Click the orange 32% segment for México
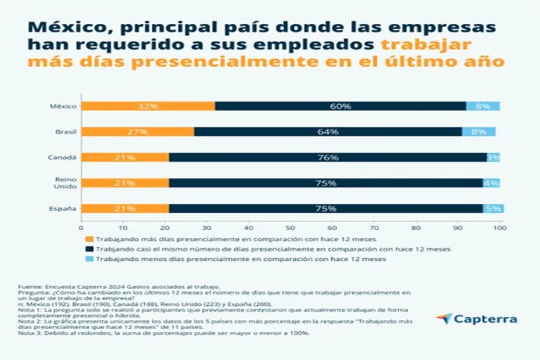(148, 106)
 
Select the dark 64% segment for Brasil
(328, 131)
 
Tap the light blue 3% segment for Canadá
(494, 157)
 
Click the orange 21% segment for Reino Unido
(125, 183)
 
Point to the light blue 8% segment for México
(483, 106)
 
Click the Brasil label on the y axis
(66, 131)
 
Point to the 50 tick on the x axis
(290, 228)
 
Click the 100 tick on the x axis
(499, 228)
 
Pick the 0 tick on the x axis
(82, 228)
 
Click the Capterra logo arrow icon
(443, 319)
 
